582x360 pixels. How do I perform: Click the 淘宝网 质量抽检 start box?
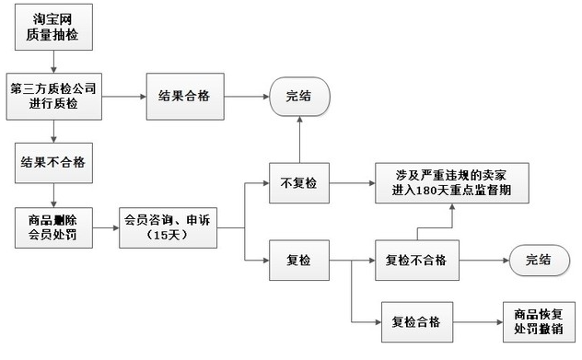click(x=53, y=27)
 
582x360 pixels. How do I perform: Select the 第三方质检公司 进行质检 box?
click(x=53, y=97)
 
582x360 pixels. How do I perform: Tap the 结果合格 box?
click(x=185, y=97)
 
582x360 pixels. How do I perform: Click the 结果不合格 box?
click(x=53, y=163)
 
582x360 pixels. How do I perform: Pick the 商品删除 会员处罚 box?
click(x=53, y=227)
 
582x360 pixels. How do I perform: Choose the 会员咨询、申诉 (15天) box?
click(x=169, y=227)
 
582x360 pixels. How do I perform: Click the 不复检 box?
click(x=299, y=183)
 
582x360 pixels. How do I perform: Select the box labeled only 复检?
click(x=299, y=261)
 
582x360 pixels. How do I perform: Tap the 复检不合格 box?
click(x=417, y=261)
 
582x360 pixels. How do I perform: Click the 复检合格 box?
click(x=417, y=322)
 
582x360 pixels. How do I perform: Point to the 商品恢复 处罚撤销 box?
click(x=539, y=322)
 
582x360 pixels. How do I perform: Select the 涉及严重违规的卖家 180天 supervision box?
click(x=452, y=183)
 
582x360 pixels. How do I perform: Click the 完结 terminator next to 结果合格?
click(x=299, y=97)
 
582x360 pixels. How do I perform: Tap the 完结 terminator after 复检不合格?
click(x=540, y=261)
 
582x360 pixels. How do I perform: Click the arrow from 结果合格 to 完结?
click(x=247, y=97)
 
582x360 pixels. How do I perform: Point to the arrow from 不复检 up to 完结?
click(x=299, y=140)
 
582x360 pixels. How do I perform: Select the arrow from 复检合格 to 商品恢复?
click(x=478, y=322)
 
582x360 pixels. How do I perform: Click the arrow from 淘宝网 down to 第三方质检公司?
click(x=53, y=62)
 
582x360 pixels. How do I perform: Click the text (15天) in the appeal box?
click(x=167, y=235)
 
